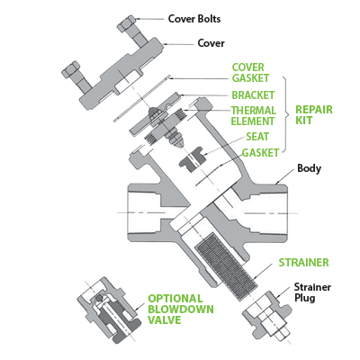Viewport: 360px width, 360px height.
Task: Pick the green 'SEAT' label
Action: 257,137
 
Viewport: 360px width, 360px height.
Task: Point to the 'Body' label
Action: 310,168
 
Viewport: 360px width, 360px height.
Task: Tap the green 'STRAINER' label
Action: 303,263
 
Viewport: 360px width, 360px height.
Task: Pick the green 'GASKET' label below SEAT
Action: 260,152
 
